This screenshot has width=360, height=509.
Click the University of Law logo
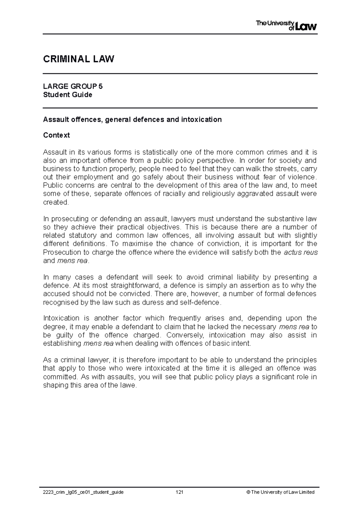pos(286,25)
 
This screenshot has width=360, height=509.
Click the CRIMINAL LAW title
pos(79,59)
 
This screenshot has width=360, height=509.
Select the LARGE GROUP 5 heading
pos(73,87)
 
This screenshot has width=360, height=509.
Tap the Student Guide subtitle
pos(67,95)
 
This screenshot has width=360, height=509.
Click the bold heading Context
pos(56,135)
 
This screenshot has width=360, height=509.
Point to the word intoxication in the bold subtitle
pos(201,120)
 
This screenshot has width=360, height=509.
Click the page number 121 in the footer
pos(180,492)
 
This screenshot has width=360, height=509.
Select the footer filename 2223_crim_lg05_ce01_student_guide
pos(83,492)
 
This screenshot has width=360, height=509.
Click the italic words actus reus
pos(300,252)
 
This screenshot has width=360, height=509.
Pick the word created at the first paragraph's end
pos(56,202)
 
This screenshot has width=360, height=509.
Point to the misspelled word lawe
pos(129,385)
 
